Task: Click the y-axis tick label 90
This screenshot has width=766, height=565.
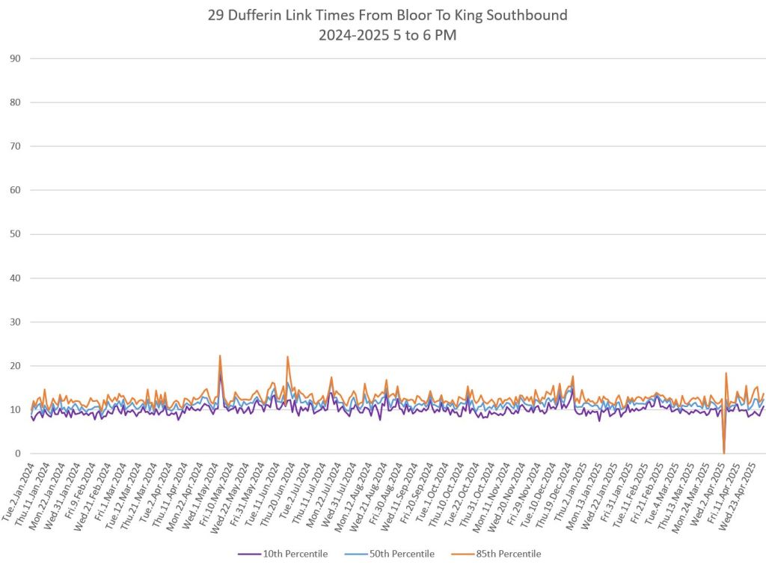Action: (14, 58)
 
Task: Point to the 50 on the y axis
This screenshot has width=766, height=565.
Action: (14, 234)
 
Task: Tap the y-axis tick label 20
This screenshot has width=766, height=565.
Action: (14, 366)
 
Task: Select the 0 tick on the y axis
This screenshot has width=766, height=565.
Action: (17, 453)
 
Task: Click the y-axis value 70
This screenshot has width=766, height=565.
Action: (14, 147)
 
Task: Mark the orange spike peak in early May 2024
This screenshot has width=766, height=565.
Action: (220, 356)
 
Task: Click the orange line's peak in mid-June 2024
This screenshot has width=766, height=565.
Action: (287, 357)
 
